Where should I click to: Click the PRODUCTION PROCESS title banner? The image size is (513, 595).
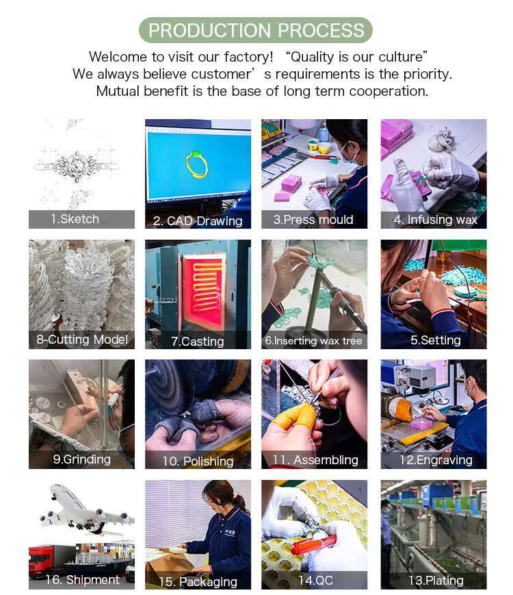(x=256, y=30)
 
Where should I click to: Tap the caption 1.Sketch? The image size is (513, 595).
(x=75, y=219)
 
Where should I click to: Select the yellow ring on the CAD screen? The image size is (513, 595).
(x=196, y=165)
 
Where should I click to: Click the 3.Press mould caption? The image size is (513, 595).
(x=313, y=220)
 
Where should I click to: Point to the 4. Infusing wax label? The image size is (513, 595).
(x=435, y=220)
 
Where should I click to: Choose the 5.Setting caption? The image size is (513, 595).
(x=436, y=340)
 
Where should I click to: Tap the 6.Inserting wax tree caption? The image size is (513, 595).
(x=313, y=341)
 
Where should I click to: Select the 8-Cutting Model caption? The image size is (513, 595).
(x=82, y=339)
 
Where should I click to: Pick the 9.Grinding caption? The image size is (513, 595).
(x=82, y=459)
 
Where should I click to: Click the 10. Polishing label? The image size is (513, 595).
(x=198, y=461)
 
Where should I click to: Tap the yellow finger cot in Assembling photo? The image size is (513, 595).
(x=293, y=418)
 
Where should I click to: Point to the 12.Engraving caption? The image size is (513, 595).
(x=436, y=460)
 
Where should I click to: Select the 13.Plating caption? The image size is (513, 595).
(x=436, y=581)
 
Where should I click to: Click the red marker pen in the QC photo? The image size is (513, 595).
(x=313, y=545)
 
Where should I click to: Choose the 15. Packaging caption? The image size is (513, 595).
(x=198, y=582)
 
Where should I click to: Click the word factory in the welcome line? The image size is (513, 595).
(x=248, y=57)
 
